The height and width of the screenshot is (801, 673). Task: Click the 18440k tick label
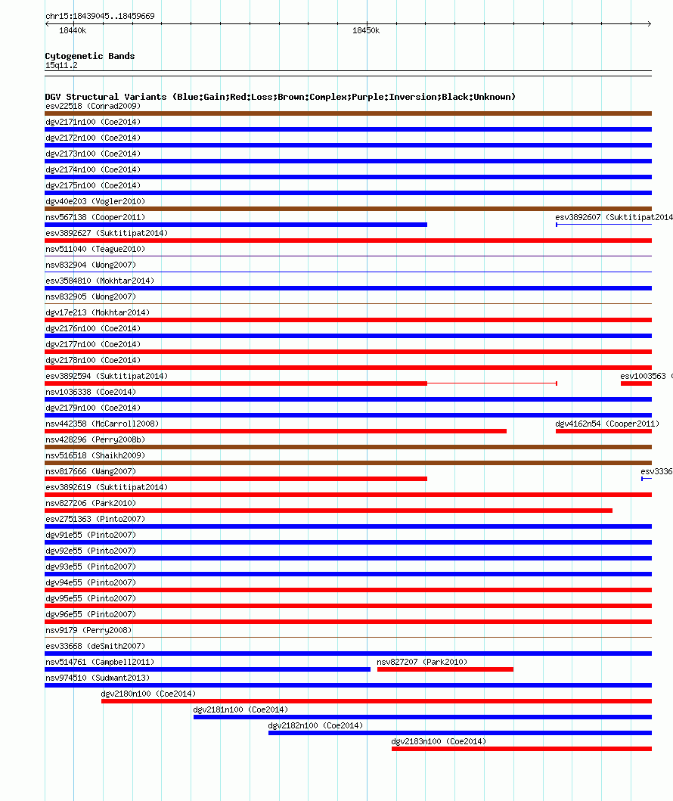pos(73,31)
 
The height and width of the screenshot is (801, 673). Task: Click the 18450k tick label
pos(366,31)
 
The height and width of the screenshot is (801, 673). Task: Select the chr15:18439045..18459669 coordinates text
pos(100,16)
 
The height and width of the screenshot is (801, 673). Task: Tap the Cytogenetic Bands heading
pos(90,56)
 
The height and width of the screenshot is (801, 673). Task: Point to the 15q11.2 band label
pos(61,65)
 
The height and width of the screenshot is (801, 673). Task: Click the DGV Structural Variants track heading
pos(280,97)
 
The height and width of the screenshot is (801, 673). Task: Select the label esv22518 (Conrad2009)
pos(92,106)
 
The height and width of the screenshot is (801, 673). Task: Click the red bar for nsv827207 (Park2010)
pos(445,669)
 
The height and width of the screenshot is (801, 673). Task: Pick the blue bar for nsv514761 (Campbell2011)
pos(207,669)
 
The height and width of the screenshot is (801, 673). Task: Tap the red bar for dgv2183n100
pos(521,749)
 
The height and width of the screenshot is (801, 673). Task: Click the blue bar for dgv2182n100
pos(460,733)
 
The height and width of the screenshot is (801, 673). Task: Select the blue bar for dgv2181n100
pos(422,717)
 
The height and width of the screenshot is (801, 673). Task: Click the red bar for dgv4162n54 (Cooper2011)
pos(603,431)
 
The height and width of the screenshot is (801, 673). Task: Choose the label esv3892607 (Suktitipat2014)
pos(613,217)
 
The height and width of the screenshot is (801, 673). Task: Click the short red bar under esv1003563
pos(636,383)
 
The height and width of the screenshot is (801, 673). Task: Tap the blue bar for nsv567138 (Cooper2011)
pos(236,225)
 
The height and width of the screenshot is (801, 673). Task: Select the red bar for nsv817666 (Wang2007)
pos(236,479)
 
